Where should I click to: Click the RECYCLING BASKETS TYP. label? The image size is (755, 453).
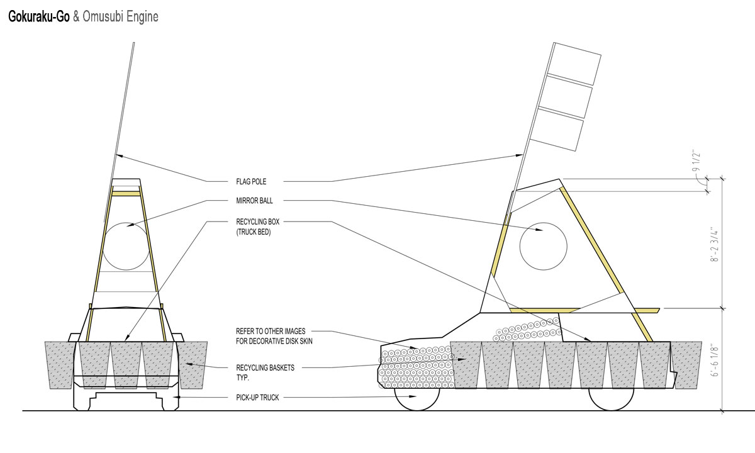[257, 371]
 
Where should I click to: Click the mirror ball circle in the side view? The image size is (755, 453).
[544, 246]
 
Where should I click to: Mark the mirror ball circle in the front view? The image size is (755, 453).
[126, 246]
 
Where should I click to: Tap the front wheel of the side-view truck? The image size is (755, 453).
[417, 398]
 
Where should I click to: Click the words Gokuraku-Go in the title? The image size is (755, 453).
[38, 17]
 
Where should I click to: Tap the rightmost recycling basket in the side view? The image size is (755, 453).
[686, 364]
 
